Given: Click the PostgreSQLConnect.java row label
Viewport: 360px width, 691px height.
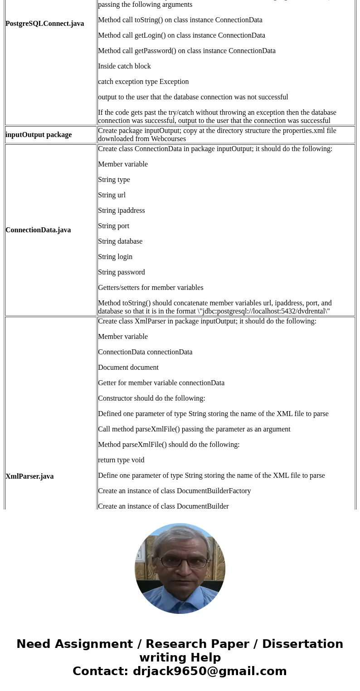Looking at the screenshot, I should coord(44,24).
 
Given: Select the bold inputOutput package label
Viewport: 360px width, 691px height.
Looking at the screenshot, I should coord(39,135).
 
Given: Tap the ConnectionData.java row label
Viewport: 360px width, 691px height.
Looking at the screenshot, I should coord(38,230).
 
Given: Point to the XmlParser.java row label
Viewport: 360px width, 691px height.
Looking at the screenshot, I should coord(29,476).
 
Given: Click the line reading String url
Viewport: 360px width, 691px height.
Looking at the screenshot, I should coord(112,195).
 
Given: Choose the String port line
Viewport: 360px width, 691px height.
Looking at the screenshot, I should coord(113,226).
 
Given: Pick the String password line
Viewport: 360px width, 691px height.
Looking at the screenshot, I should coord(121,272).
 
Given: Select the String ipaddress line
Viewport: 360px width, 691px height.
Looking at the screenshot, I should coord(121,211).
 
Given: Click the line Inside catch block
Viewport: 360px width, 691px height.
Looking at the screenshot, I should coord(124,66).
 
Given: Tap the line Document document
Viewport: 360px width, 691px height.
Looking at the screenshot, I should coord(128,368).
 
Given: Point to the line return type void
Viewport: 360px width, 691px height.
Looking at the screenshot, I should coord(121,460).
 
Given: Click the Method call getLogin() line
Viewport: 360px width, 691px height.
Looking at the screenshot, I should coord(181,35).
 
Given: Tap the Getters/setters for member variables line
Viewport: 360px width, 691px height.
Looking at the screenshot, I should coord(151,288).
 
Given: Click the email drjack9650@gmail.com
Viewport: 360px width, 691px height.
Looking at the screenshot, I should coord(209,671).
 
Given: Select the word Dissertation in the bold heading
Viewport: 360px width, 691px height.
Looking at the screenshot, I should coord(302,644).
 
